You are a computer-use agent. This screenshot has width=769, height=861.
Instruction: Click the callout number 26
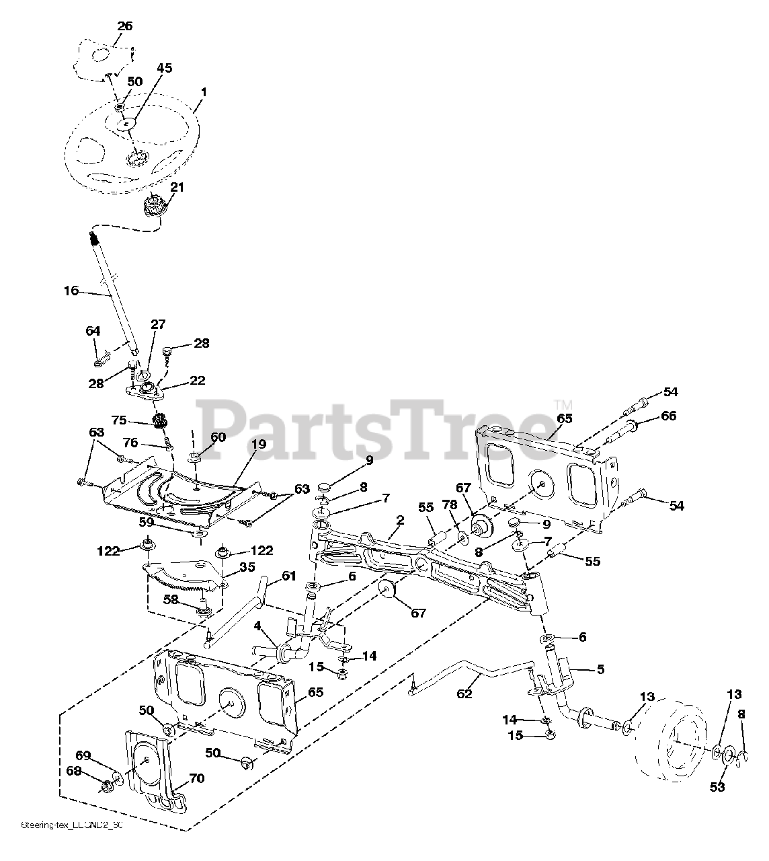tap(125, 26)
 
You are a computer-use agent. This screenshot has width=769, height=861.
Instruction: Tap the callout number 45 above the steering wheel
tap(165, 68)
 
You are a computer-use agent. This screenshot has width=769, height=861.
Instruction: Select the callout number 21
tap(177, 187)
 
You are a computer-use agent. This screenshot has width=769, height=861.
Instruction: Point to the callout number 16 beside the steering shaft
tap(71, 291)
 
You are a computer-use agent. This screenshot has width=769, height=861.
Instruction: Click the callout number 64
tap(93, 331)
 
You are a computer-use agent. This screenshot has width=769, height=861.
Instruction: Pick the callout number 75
tap(119, 420)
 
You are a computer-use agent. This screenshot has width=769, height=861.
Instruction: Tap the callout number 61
tap(289, 576)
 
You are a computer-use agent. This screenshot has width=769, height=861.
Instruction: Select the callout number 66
tap(668, 416)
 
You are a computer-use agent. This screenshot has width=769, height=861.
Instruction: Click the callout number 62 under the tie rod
tap(465, 693)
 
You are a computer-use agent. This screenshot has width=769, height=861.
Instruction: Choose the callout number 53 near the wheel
tap(718, 787)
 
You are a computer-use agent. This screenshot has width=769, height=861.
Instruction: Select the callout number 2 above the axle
tap(400, 519)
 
